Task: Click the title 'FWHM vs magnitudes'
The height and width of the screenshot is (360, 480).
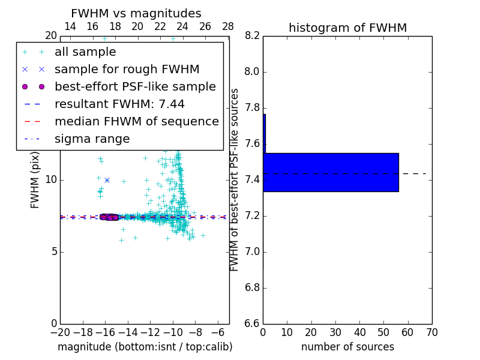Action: pos(136,14)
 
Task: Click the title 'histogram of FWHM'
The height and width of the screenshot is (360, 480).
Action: pos(347,28)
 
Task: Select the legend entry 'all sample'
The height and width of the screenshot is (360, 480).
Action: pos(85,52)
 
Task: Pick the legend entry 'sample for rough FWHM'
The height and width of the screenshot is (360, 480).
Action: pos(127,69)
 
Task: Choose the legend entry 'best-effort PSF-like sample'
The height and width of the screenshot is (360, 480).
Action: pos(135,86)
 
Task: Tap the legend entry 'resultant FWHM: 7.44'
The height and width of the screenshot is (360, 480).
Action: pos(119,104)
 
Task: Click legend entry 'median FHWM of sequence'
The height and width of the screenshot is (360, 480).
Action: pos(136,121)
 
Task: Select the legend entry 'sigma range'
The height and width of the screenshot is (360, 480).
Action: pos(92,139)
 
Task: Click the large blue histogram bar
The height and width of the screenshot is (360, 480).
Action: pos(331,172)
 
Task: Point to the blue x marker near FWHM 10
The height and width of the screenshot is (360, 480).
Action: pos(107,180)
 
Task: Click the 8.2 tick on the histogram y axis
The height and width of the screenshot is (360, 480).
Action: pos(252,36)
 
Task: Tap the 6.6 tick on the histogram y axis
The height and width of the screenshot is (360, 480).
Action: pos(252,323)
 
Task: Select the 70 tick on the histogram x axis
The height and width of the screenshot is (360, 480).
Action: pos(431,331)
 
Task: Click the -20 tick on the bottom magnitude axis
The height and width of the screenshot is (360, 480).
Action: pos(60,331)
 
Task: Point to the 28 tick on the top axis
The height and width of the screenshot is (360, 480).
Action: pos(228,26)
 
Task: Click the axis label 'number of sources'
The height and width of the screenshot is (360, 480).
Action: pos(347,347)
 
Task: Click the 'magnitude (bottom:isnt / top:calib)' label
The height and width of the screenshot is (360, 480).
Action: pos(145,347)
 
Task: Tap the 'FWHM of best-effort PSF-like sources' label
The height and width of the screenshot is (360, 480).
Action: pos(235,179)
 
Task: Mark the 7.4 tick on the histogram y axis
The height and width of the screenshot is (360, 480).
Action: pos(252,180)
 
